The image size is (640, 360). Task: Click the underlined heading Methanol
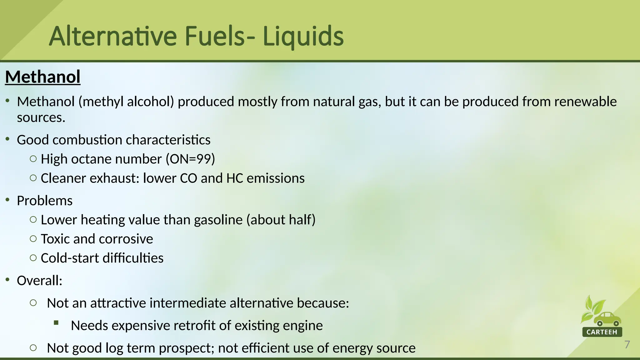click(x=43, y=77)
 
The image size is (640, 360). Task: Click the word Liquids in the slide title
click(x=303, y=37)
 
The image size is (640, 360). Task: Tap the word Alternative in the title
click(x=113, y=37)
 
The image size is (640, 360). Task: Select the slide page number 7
click(x=627, y=345)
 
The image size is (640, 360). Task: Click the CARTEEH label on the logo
click(x=602, y=332)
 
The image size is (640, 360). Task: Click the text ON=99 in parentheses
click(x=190, y=159)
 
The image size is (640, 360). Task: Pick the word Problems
click(x=45, y=201)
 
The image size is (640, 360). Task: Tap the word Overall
click(x=38, y=281)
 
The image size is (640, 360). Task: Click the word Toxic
click(x=55, y=239)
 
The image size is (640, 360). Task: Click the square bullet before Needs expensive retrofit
click(x=56, y=323)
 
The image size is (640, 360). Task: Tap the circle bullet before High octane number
click(x=33, y=159)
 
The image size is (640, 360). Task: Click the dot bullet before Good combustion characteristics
click(x=7, y=138)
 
